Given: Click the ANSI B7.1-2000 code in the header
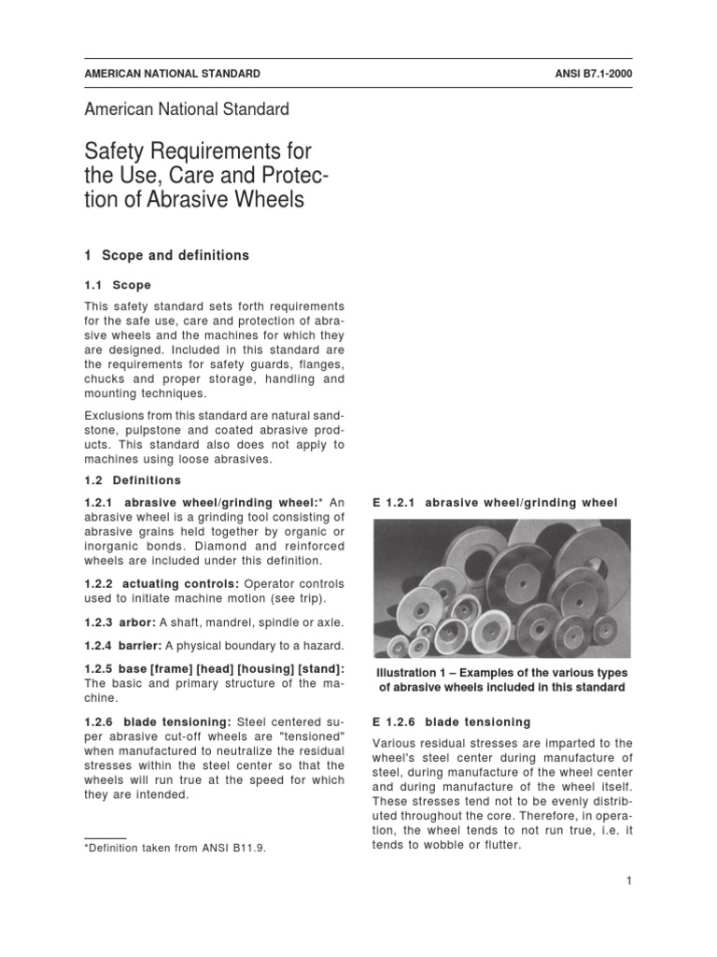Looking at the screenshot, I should coord(586,74).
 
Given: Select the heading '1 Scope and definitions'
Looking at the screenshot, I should coord(167,255).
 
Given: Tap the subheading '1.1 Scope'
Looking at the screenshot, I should coord(118,285).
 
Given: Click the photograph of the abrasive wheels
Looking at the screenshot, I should coord(501,589).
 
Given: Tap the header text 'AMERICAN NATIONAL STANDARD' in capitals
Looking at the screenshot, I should coord(173,74).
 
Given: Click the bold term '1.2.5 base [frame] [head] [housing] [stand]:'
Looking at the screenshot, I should coord(214,668).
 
